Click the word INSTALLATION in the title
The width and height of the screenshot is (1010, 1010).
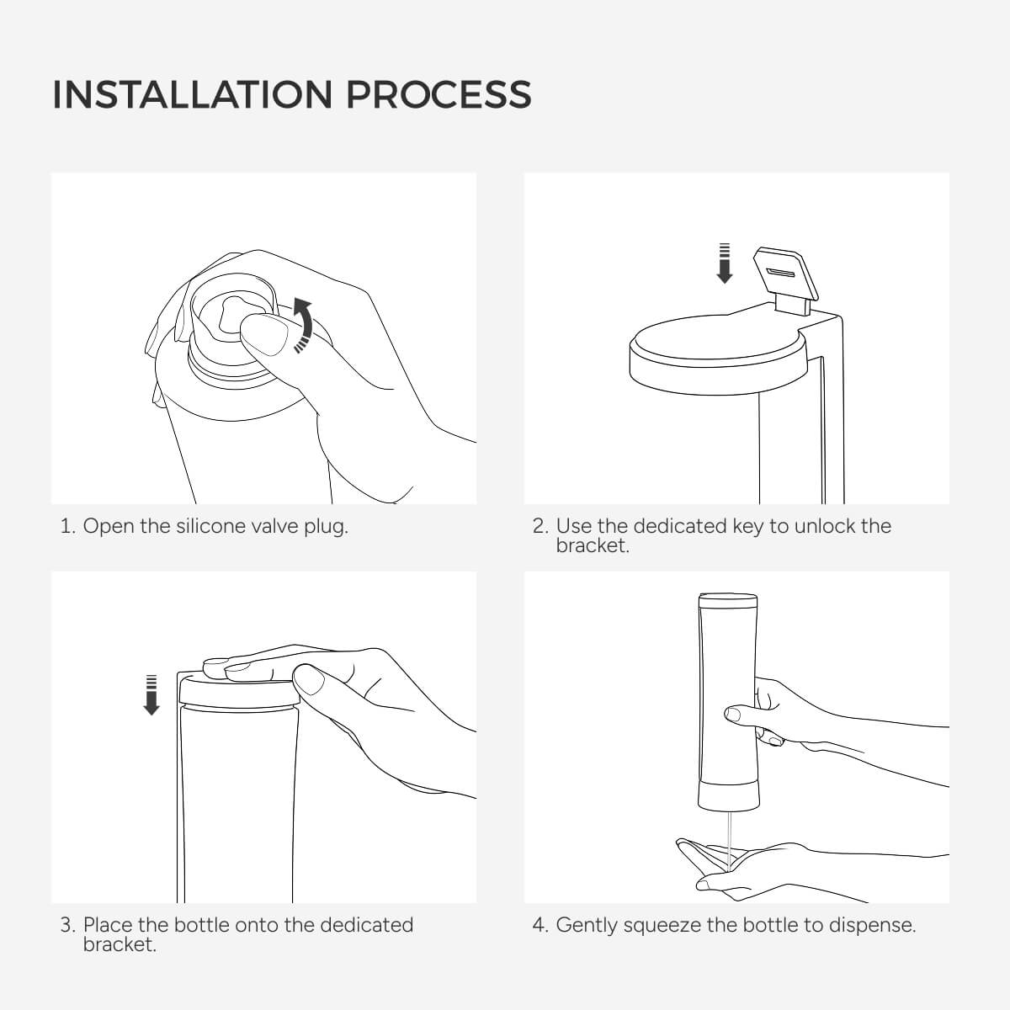pyautogui.click(x=193, y=95)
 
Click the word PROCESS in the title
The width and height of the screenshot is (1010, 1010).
pyautogui.click(x=439, y=95)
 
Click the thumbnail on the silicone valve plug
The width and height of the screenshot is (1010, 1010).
pyautogui.click(x=266, y=336)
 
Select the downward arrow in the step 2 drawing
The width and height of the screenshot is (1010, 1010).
pyautogui.click(x=725, y=263)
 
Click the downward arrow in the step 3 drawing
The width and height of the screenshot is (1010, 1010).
pyautogui.click(x=151, y=695)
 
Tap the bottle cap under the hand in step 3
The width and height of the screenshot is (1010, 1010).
pyautogui.click(x=239, y=694)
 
